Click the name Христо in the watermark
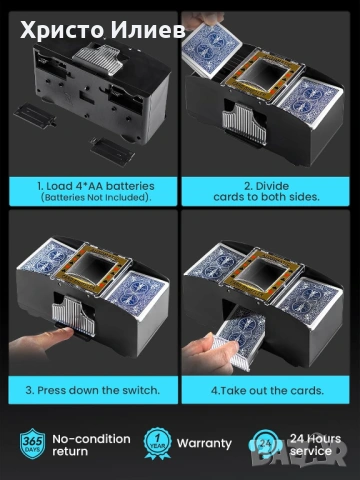click(x=62, y=30)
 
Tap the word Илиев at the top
click(x=148, y=30)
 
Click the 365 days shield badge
click(x=32, y=444)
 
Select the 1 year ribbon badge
click(x=158, y=444)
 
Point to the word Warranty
click(x=204, y=443)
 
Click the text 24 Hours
click(x=315, y=438)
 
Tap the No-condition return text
click(x=91, y=445)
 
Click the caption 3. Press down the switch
click(x=93, y=390)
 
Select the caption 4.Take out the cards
click(x=267, y=390)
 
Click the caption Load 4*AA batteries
click(x=96, y=186)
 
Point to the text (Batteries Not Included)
click(x=96, y=197)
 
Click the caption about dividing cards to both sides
click(x=266, y=191)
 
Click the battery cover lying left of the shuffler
click(x=35, y=115)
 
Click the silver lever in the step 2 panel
click(x=245, y=123)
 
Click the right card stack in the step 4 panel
click(x=307, y=303)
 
